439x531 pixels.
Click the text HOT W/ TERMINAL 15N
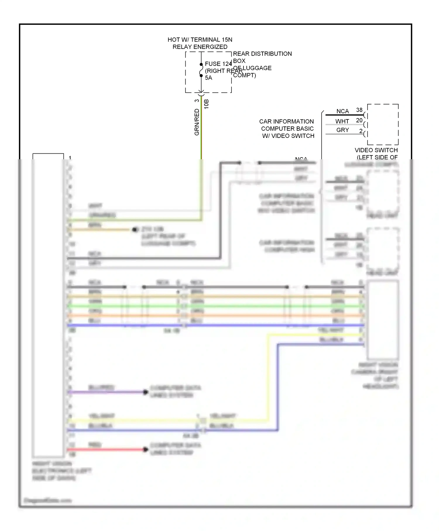[x=200, y=40]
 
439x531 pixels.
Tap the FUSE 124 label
[x=218, y=64]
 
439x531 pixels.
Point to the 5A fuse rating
[x=208, y=78]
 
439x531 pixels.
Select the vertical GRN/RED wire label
[x=197, y=122]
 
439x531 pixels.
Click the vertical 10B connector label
[x=206, y=104]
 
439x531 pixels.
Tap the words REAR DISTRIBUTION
[x=262, y=54]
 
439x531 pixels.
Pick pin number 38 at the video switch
[x=359, y=110]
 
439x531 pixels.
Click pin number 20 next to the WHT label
[x=359, y=120]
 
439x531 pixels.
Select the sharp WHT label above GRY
[x=342, y=121]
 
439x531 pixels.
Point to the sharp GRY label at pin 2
[x=342, y=130]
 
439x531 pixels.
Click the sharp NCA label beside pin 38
[x=342, y=111]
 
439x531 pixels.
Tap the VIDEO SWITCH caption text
[x=376, y=150]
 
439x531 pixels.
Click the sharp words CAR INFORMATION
[x=286, y=121]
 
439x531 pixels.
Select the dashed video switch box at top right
[x=383, y=124]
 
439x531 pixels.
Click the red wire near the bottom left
[x=105, y=449]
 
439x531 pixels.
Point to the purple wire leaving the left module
[x=105, y=392]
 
